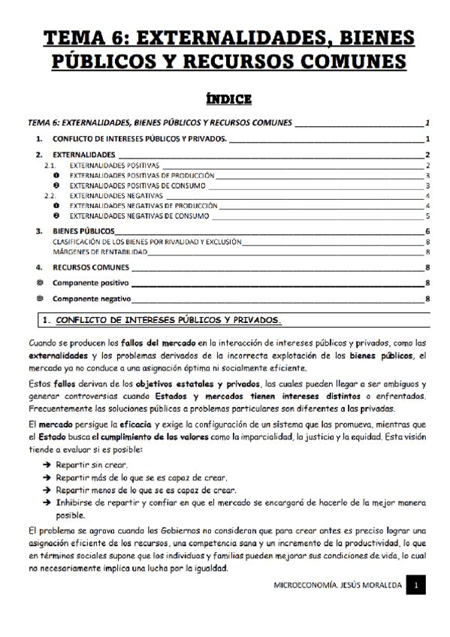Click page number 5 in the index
pos(427,216)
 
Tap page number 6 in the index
pos(427,231)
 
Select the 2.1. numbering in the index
pos(51,165)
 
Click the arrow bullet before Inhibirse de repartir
pos(47,503)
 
